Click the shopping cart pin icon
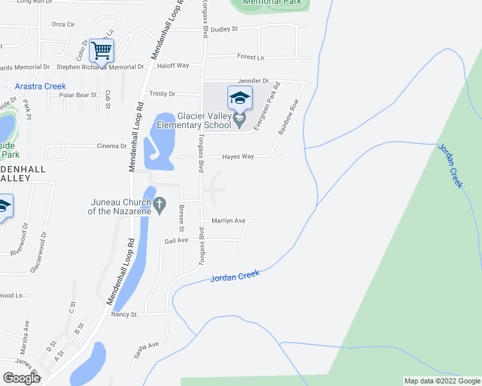pos(101,50)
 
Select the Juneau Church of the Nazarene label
pos(120,207)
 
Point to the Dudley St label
pos(224,29)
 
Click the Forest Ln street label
pos(251,57)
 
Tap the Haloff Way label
pos(174,66)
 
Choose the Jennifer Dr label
pos(253,80)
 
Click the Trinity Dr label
pos(162,94)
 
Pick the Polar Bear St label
pos(77,95)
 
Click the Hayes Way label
pos(238,156)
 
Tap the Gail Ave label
pos(176,240)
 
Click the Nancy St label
pos(124,315)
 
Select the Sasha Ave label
pos(146,349)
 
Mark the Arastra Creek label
pos(41,86)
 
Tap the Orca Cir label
pos(63,24)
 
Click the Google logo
pos(22,378)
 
